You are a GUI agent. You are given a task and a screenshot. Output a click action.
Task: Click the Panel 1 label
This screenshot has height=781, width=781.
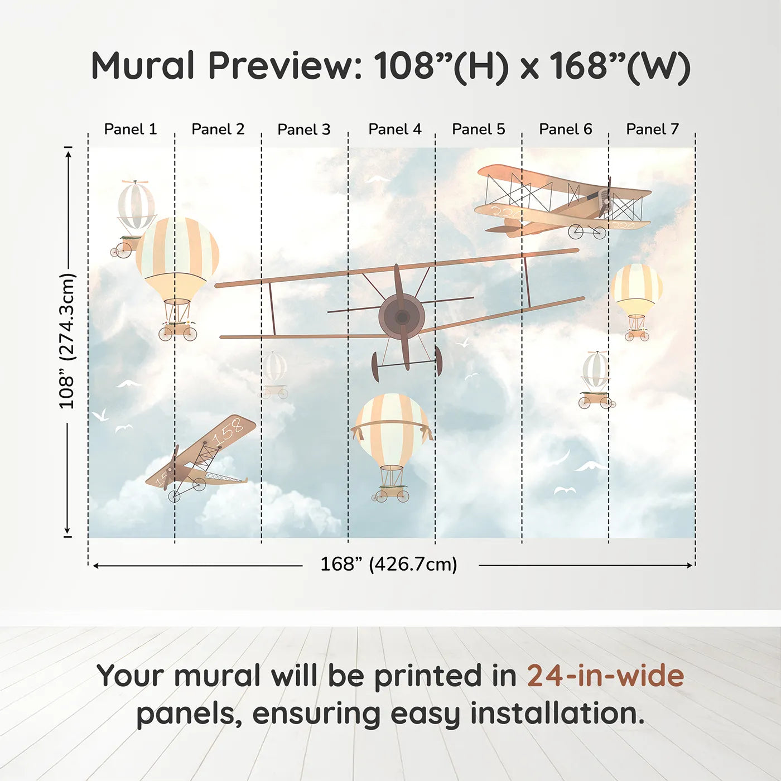coord(130,129)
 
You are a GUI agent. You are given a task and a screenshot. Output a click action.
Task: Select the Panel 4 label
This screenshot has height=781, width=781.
coord(394,129)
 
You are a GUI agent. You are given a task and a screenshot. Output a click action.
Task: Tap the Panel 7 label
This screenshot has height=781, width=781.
coord(652,129)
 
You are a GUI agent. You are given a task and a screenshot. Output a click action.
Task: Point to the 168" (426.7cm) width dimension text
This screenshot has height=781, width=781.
coord(388,564)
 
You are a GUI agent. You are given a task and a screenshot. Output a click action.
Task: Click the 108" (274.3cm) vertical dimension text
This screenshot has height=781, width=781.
coord(67,341)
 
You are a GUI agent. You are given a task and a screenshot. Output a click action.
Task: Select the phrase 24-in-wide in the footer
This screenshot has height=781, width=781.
coord(605,676)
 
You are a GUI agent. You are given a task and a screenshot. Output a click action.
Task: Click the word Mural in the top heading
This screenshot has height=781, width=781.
coord(142,66)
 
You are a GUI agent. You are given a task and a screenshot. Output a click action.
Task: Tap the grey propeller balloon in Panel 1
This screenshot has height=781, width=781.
coord(136,205)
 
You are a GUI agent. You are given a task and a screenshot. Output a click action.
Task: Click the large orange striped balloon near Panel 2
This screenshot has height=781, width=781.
coord(177,257)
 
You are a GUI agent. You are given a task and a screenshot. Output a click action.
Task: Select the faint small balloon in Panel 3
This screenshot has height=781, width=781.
coord(275,368)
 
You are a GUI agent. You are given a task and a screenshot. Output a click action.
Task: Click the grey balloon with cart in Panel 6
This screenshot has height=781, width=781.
coord(596,371)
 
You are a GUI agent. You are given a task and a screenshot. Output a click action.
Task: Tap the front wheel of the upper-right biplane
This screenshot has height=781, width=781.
coord(575,232)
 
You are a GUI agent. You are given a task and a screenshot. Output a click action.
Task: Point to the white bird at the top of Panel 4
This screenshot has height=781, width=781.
coord(378,179)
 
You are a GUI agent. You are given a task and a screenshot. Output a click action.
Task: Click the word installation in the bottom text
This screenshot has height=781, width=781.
coord(557,713)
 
